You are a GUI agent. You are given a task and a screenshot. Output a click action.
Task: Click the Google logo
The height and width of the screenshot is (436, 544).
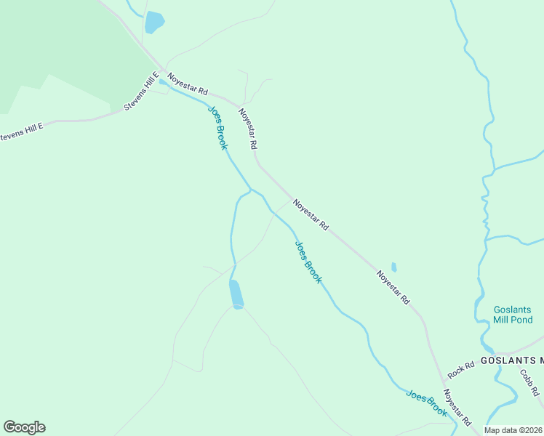tap(24, 427)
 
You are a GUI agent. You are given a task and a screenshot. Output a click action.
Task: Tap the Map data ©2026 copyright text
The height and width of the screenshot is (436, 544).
tap(513, 430)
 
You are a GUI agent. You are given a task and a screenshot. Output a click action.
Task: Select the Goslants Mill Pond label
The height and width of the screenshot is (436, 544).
tap(513, 314)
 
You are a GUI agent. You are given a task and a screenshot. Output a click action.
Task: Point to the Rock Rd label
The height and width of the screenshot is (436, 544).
tap(460, 371)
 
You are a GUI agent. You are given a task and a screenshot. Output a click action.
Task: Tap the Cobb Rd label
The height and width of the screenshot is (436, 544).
tap(529, 382)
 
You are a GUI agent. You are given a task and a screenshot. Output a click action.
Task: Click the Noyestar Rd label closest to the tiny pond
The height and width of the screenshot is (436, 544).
tap(393, 287)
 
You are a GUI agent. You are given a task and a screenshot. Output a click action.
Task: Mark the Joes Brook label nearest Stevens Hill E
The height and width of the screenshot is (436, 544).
tap(218, 128)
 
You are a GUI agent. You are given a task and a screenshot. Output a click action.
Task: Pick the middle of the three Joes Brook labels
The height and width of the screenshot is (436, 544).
tap(308, 262)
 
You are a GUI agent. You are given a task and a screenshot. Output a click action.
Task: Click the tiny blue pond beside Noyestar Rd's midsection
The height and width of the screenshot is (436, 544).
tap(394, 267)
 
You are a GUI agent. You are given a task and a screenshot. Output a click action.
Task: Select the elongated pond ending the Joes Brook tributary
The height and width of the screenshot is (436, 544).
tap(236, 294)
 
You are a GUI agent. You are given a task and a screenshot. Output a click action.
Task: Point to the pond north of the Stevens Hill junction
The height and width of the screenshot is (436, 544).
tap(154, 22)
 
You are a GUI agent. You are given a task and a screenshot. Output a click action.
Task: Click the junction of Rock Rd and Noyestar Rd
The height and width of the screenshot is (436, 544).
tap(443, 381)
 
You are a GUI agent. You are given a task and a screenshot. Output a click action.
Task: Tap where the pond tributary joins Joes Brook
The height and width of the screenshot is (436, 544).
tap(251, 190)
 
